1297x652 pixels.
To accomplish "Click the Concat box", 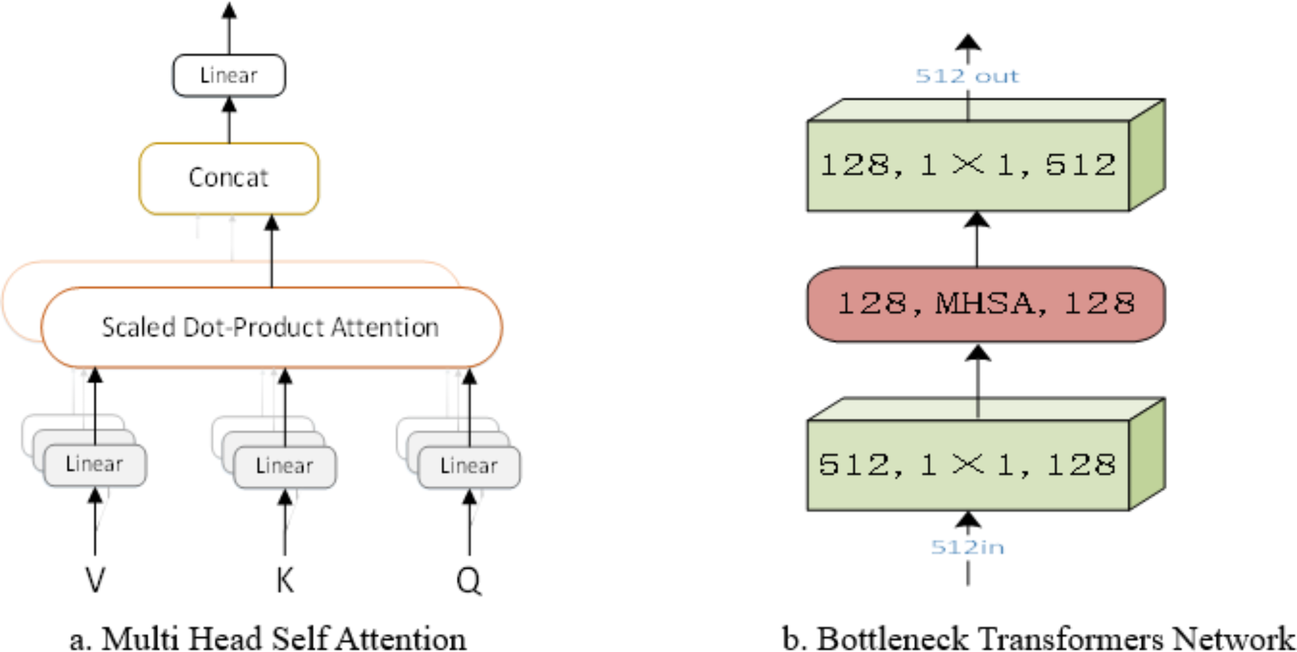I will click(x=229, y=178).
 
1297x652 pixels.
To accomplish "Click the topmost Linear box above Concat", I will click(x=229, y=76).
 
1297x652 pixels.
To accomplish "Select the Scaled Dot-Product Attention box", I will click(x=271, y=327).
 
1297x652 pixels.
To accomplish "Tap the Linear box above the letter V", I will click(x=94, y=465).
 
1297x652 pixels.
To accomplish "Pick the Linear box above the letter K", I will click(x=284, y=466).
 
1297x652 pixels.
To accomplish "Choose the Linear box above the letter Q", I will click(x=469, y=466).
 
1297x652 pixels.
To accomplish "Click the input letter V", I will click(x=95, y=580).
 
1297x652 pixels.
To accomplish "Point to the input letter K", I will click(x=285, y=580).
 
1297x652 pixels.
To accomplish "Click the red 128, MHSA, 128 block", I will click(x=985, y=304).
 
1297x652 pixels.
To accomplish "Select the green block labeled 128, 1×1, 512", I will click(x=968, y=165).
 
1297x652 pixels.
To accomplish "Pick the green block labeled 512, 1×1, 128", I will click(x=968, y=465).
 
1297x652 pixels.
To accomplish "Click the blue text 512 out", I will click(x=967, y=76).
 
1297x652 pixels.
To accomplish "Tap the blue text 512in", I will click(x=967, y=547).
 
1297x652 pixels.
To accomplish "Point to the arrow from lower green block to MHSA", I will click(x=979, y=381).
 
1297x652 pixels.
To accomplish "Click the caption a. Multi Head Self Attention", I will click(x=267, y=638).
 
